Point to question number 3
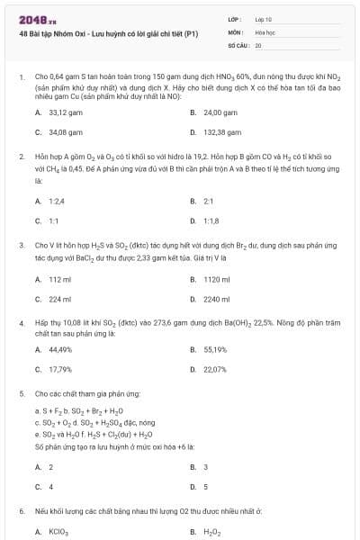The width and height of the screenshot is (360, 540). tap(21, 245)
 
